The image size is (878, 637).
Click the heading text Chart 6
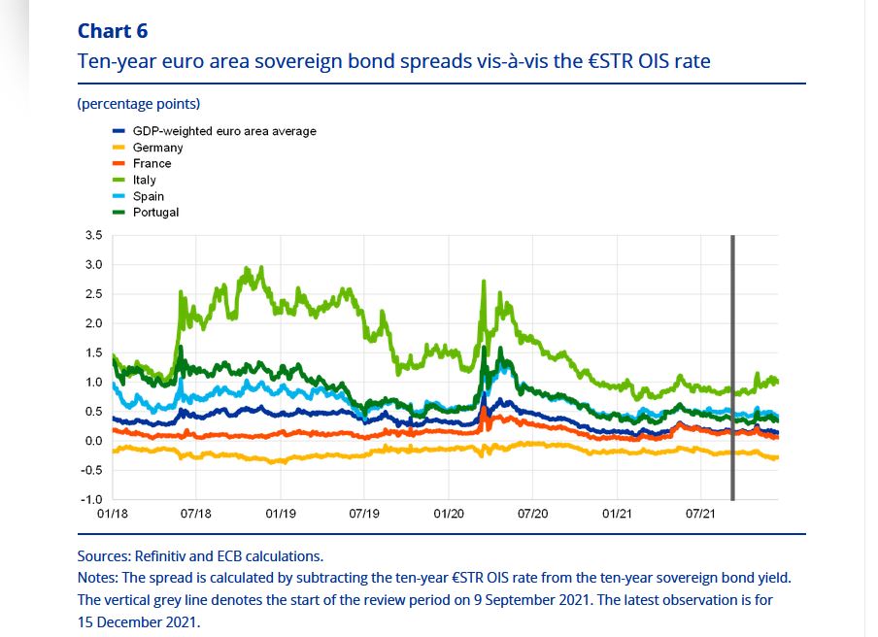coord(112,32)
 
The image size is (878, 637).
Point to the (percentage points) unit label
coord(138,104)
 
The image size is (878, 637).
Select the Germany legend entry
coord(157,148)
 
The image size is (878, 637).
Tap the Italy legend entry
coord(144,180)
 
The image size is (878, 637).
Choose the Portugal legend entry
coord(155,212)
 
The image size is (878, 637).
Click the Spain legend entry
coord(148,196)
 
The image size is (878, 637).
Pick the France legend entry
coord(152,163)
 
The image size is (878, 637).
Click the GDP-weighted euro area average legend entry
coord(223,131)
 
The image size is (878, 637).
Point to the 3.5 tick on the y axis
coord(94,235)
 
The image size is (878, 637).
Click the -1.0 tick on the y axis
coord(92,499)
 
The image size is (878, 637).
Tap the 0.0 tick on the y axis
coord(94,441)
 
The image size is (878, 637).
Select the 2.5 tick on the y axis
coord(94,293)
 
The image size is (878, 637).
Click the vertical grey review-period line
coord(731,369)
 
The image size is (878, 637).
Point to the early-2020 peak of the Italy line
coord(483,283)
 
